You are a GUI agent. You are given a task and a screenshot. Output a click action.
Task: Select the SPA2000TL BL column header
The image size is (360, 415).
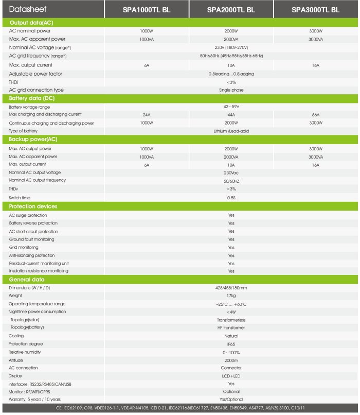(x=231, y=9)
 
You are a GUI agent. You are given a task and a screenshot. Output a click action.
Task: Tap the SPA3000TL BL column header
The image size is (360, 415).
(x=315, y=9)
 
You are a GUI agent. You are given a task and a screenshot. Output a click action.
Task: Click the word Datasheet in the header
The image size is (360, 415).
(x=25, y=9)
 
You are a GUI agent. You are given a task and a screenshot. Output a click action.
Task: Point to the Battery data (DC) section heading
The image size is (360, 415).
(x=31, y=98)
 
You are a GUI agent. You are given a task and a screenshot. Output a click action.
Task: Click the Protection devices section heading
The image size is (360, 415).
(x=33, y=206)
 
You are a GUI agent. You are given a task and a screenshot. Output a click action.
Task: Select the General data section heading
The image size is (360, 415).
(x=27, y=280)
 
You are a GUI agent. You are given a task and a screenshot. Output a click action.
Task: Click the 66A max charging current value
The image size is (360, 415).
(x=315, y=115)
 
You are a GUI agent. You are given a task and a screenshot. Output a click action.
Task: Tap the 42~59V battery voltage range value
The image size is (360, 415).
(x=231, y=107)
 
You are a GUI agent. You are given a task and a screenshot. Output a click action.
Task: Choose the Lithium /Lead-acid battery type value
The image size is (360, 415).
(x=231, y=131)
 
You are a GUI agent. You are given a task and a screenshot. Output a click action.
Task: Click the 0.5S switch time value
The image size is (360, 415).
(x=231, y=197)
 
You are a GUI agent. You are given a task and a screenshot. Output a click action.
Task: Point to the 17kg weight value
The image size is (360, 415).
(x=231, y=296)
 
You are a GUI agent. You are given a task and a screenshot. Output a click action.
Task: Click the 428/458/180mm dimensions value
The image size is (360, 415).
(x=231, y=288)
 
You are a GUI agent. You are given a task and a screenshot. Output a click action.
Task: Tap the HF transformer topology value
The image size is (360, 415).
(x=231, y=328)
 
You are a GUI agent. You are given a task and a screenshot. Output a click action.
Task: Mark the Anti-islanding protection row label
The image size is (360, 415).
(x=32, y=255)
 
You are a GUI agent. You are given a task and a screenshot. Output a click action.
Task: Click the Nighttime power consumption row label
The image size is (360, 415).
(x=38, y=312)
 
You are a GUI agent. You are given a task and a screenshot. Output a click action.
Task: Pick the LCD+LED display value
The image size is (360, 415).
(x=231, y=376)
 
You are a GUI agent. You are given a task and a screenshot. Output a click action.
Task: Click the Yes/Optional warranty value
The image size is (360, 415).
(x=231, y=399)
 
